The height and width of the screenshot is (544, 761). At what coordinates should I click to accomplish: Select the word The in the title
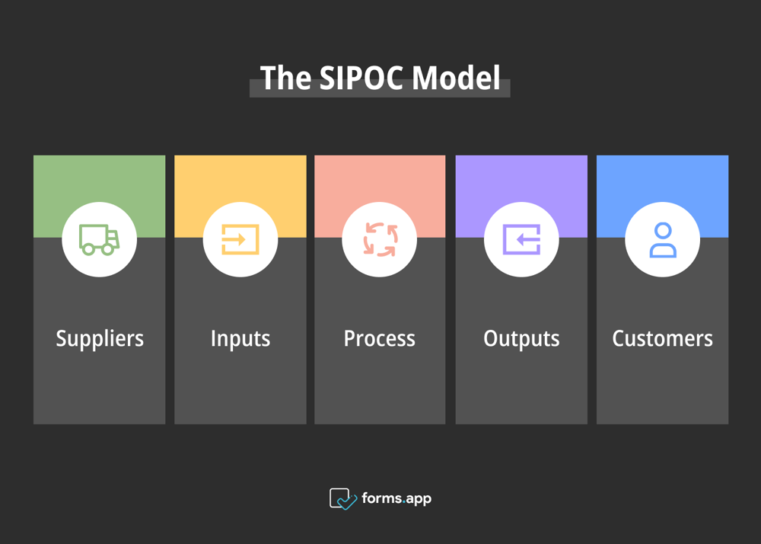(285, 78)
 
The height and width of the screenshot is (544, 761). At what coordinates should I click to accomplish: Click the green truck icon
(99, 239)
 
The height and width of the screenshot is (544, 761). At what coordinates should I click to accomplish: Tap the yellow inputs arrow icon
(240, 239)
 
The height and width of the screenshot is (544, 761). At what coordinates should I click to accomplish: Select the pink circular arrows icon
(380, 239)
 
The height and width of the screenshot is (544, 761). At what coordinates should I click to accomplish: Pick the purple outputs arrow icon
(521, 239)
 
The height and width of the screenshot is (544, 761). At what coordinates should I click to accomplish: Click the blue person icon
(662, 239)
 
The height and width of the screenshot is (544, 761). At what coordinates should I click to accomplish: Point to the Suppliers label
(99, 338)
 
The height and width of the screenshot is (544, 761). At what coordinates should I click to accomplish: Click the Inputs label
(240, 338)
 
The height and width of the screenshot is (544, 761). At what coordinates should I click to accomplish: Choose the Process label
(380, 338)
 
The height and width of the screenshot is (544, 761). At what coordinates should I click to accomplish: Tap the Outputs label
(521, 338)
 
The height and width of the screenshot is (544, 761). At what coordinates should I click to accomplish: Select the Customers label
(662, 338)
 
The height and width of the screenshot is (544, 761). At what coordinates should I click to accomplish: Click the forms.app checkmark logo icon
(342, 499)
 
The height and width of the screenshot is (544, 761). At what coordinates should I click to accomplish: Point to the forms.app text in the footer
(396, 499)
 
